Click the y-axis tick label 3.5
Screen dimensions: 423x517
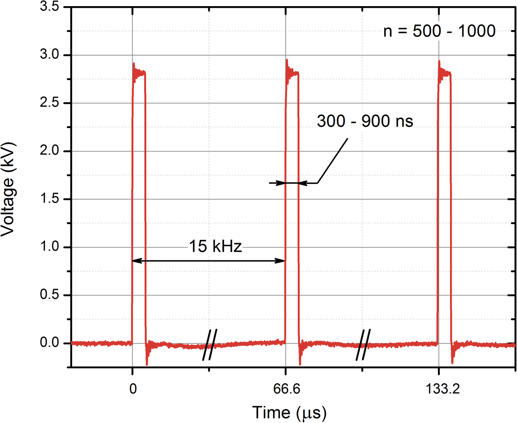(x=49, y=7)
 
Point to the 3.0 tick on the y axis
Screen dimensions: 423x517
(x=49, y=55)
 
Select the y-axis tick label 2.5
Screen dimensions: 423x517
(x=49, y=103)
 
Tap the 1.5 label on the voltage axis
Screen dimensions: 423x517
(x=49, y=199)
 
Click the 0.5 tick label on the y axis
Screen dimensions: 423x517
(x=49, y=295)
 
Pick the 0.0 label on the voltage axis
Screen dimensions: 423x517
(x=49, y=343)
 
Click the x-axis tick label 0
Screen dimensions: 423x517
(x=133, y=389)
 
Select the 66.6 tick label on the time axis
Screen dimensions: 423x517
(x=286, y=389)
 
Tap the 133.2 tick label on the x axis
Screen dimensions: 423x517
(x=443, y=389)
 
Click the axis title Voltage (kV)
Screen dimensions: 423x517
(x=8, y=189)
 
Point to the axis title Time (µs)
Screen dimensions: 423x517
(x=289, y=412)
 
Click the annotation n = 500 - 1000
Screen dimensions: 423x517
(x=439, y=31)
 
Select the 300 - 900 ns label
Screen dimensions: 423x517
(x=365, y=121)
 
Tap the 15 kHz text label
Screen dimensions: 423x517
(x=215, y=246)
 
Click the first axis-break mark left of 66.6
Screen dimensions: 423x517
(x=210, y=344)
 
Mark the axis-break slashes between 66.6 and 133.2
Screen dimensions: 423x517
(x=363, y=344)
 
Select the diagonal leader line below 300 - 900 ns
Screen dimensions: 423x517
(x=333, y=161)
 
